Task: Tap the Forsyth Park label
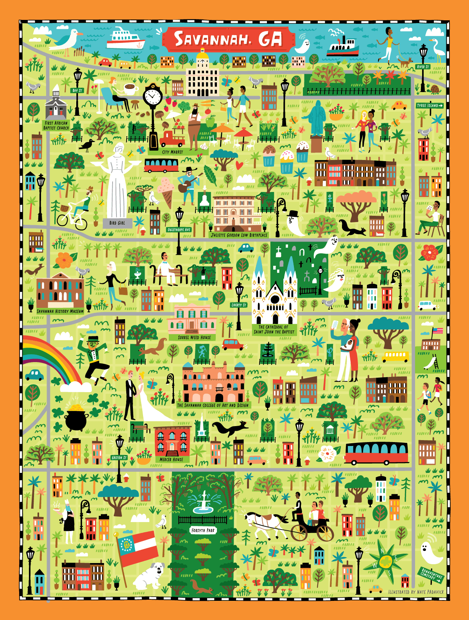pos(203,530)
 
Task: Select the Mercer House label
pos(171,460)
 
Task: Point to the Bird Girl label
pos(117,223)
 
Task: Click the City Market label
pos(172,152)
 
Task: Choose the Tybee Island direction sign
pos(430,106)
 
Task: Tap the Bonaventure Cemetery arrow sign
pos(432,575)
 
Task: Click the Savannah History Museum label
pos(60,311)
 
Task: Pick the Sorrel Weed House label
pos(194,338)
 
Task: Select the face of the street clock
pos(152,95)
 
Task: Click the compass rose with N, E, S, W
pos(385,561)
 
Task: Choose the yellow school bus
pos(395,356)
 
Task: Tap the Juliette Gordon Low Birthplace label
pos(239,235)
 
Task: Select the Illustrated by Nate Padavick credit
pos(416,592)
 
